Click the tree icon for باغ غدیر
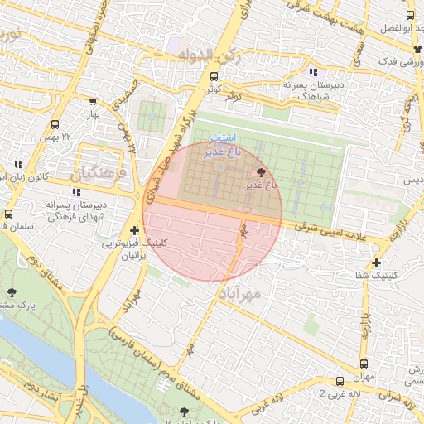click(262, 171)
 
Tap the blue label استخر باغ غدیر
click(223, 144)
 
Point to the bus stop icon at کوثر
click(214, 77)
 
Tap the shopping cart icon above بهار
click(93, 101)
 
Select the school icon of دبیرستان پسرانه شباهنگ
click(312, 72)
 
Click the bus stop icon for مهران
click(364, 364)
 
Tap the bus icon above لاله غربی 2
click(340, 381)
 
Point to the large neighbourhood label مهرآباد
click(241, 293)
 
